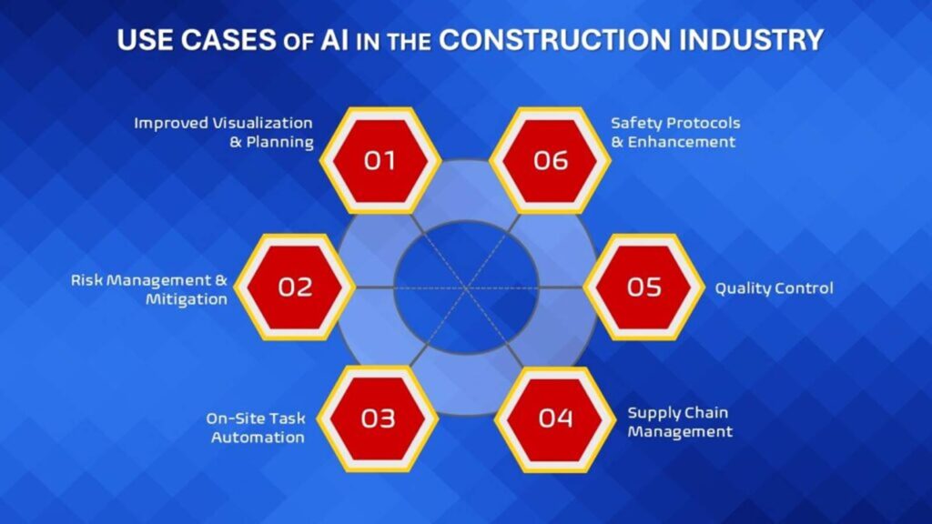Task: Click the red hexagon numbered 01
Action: click(x=380, y=160)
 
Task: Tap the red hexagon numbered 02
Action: click(x=295, y=287)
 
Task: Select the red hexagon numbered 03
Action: click(x=378, y=418)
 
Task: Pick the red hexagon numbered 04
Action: click(x=555, y=418)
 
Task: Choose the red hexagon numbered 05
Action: click(x=643, y=287)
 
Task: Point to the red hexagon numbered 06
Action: click(x=551, y=160)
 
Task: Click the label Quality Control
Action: click(x=774, y=288)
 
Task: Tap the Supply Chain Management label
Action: click(x=679, y=422)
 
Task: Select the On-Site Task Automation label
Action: click(x=256, y=428)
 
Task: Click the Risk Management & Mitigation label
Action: click(x=149, y=289)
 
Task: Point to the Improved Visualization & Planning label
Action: click(x=224, y=133)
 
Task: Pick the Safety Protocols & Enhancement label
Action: click(x=676, y=133)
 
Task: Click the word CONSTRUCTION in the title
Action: click(x=555, y=40)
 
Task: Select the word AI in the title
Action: click(x=335, y=40)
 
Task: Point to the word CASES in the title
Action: click(x=228, y=40)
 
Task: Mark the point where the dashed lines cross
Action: click(x=466, y=288)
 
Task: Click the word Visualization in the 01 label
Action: click(x=263, y=123)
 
